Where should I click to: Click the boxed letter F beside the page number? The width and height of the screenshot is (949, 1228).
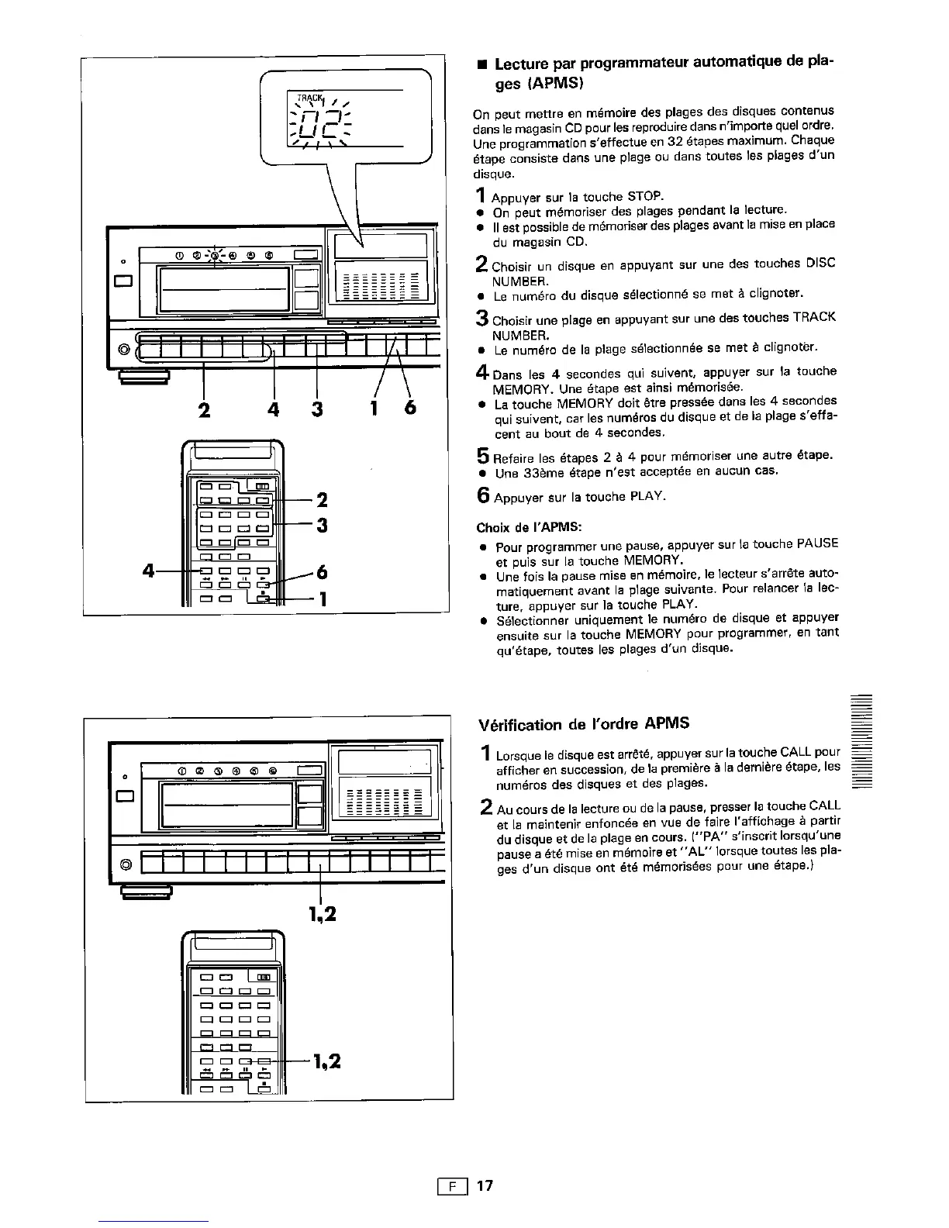click(451, 1186)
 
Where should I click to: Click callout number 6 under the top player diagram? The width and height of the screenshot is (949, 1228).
click(409, 407)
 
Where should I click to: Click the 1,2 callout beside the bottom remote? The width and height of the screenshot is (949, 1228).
click(326, 1061)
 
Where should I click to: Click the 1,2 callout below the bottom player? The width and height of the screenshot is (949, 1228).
click(321, 915)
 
